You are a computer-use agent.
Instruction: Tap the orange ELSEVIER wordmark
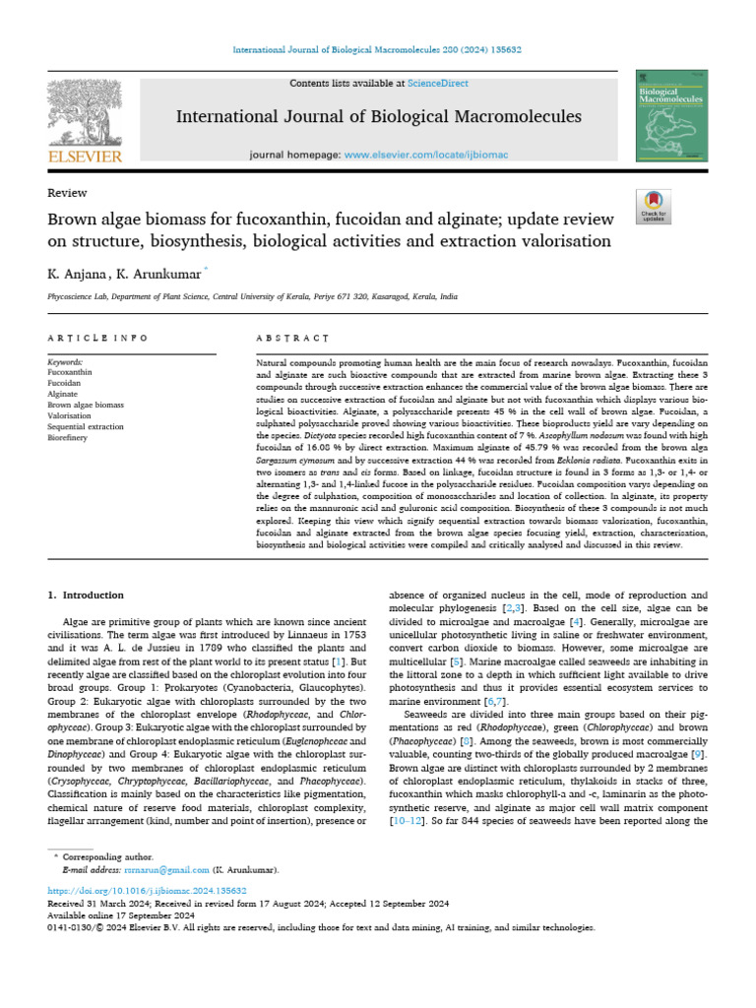tap(85, 157)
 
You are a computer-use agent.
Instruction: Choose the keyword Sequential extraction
tap(86, 427)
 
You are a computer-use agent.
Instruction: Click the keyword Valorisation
tap(70, 416)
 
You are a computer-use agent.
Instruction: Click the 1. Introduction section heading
tap(87, 596)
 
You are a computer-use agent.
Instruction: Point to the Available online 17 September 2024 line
tap(123, 914)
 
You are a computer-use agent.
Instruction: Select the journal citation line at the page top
tap(378, 49)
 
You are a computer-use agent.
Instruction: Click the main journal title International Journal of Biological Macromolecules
tap(378, 117)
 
